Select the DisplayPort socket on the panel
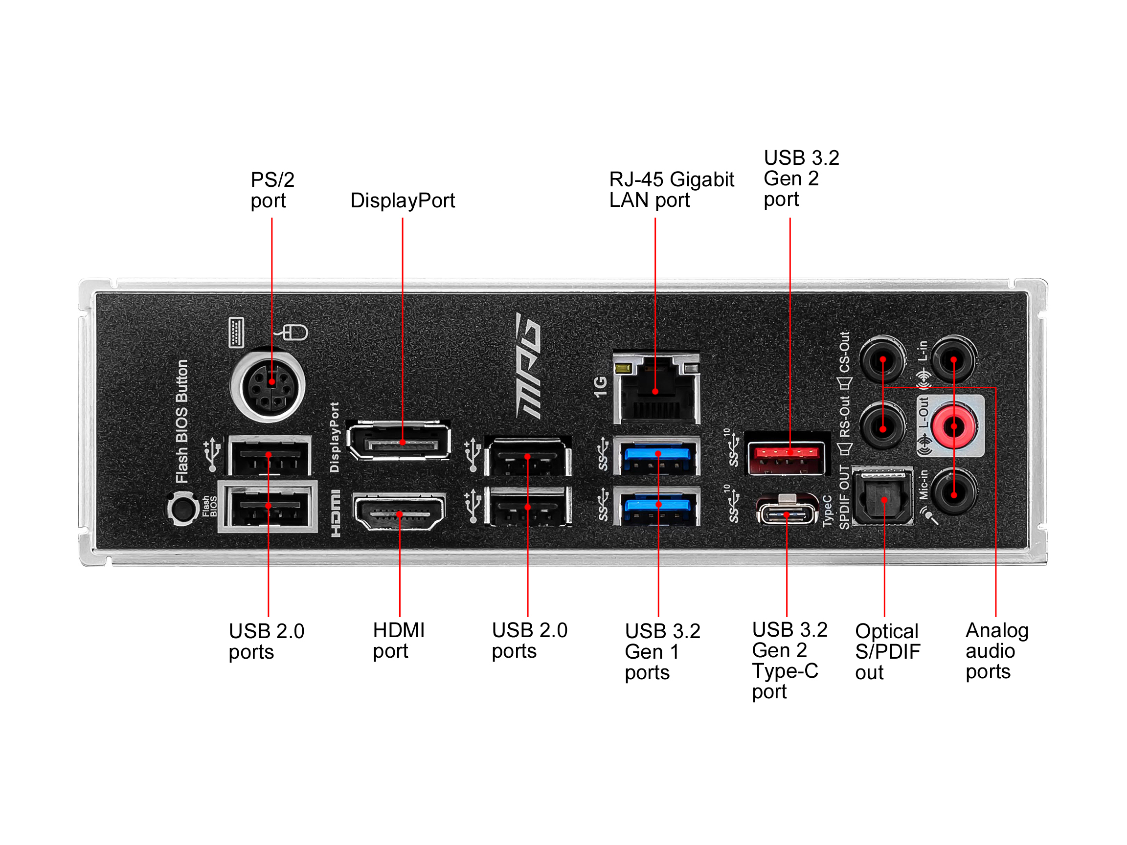pyautogui.click(x=399, y=441)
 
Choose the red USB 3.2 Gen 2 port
pyautogui.click(x=787, y=454)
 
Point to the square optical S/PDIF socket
pyautogui.click(x=883, y=497)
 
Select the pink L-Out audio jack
pyautogui.click(x=954, y=426)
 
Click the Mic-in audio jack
pyautogui.click(x=954, y=492)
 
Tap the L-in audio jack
pyautogui.click(x=954, y=359)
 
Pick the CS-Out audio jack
pyautogui.click(x=883, y=359)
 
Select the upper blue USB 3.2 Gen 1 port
pyautogui.click(x=657, y=455)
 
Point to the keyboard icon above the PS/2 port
pyautogui.click(x=236, y=333)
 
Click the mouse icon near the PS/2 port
pyautogui.click(x=294, y=333)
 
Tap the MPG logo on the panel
pyautogui.click(x=528, y=366)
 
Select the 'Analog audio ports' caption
pyautogui.click(x=996, y=650)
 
